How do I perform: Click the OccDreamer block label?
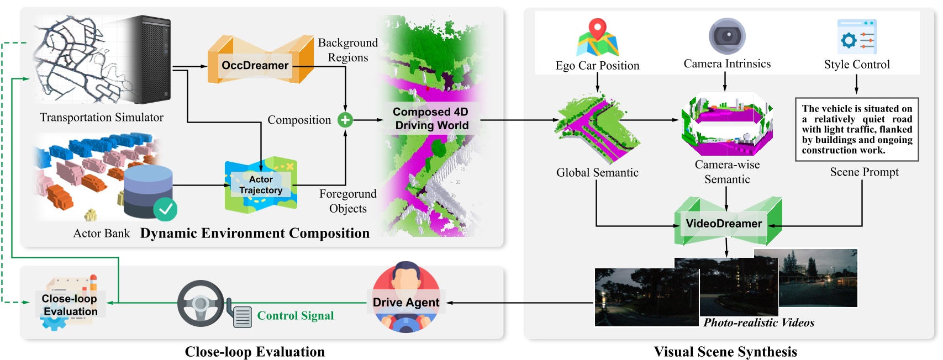click(x=255, y=65)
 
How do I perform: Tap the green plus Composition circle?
click(x=345, y=120)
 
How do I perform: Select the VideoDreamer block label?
click(x=724, y=224)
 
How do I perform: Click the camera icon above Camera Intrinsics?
click(x=727, y=36)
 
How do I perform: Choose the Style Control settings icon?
click(x=857, y=37)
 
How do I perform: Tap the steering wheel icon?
click(x=200, y=303)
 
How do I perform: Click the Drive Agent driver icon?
click(x=407, y=298)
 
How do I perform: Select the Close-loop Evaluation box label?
click(x=70, y=305)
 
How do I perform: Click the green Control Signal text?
click(x=296, y=316)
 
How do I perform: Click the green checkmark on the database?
click(x=165, y=209)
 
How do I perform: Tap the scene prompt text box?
click(x=857, y=130)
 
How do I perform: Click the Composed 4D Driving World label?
click(x=431, y=119)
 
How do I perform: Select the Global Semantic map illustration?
click(x=597, y=129)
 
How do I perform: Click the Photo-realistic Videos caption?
click(x=758, y=322)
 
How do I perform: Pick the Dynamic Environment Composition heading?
click(x=255, y=234)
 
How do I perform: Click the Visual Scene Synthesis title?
click(x=725, y=352)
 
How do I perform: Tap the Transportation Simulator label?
click(x=102, y=117)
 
